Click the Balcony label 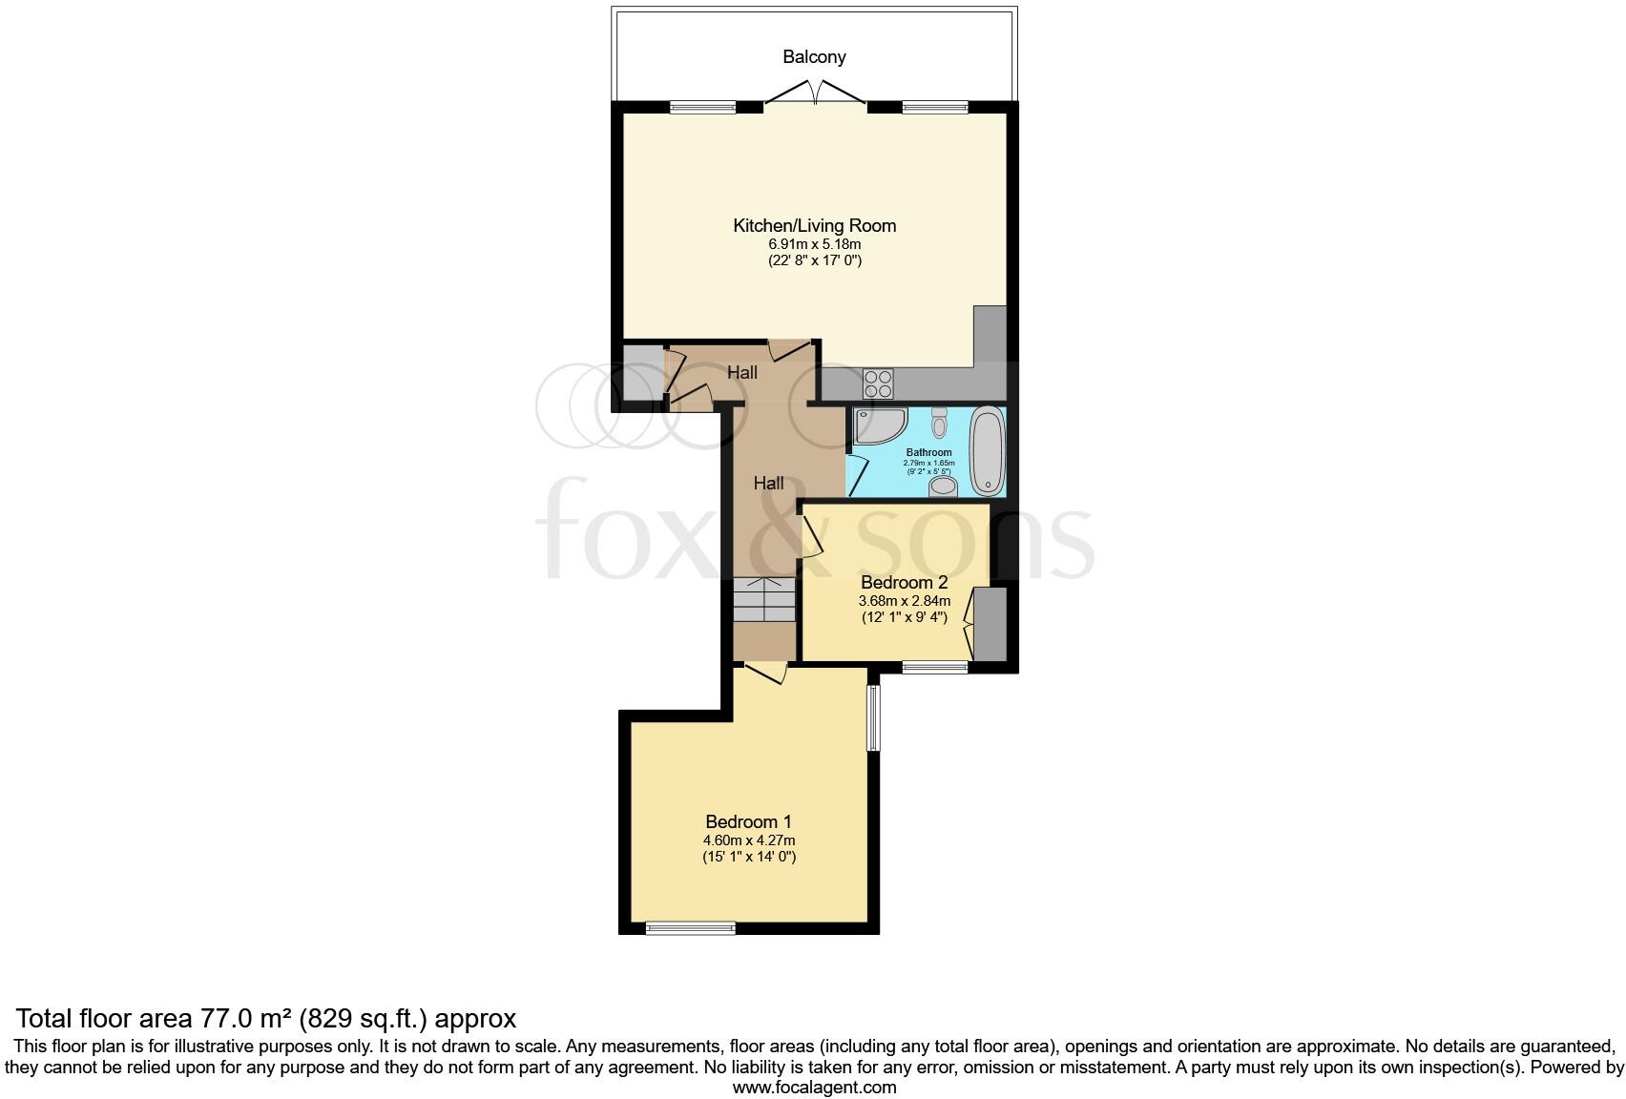pyautogui.click(x=814, y=57)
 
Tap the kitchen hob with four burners pyautogui.click(x=878, y=383)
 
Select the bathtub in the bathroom pyautogui.click(x=987, y=449)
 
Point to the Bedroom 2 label pyautogui.click(x=904, y=582)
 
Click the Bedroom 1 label pyautogui.click(x=748, y=821)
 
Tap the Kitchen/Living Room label pyautogui.click(x=814, y=226)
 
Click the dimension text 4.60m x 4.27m pyautogui.click(x=748, y=840)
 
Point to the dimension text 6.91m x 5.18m pyautogui.click(x=814, y=244)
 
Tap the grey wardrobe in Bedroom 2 pyautogui.click(x=990, y=625)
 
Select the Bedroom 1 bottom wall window pyautogui.click(x=690, y=927)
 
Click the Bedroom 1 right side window pyautogui.click(x=872, y=717)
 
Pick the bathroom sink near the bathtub pyautogui.click(x=943, y=487)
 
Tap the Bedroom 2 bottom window pyautogui.click(x=934, y=668)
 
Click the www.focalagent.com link pyautogui.click(x=814, y=1087)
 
